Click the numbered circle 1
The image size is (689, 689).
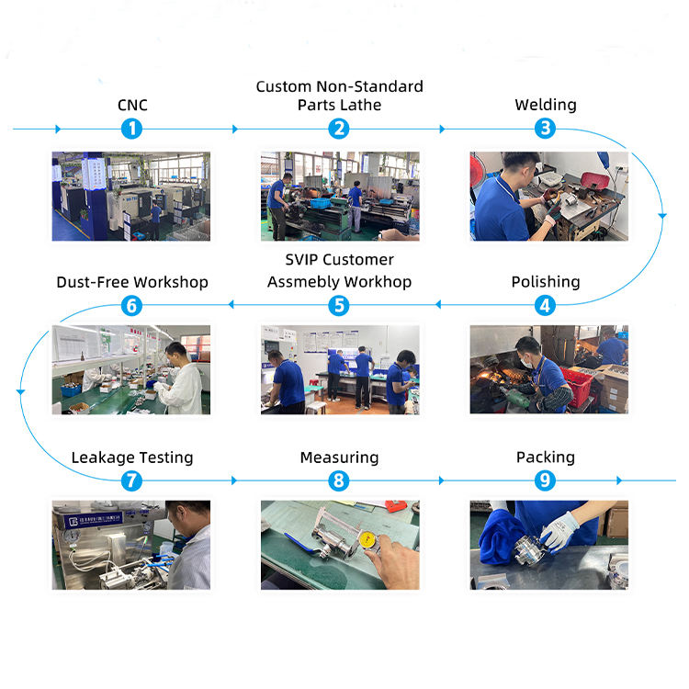[x=132, y=129]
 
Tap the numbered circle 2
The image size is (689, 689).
[x=339, y=129]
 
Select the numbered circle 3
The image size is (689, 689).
[x=546, y=129]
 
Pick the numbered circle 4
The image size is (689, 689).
[x=546, y=305]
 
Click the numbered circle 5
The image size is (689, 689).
[x=339, y=305]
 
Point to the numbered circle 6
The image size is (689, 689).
[x=132, y=305]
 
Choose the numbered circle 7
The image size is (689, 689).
[x=132, y=480]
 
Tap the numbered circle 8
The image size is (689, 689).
[x=339, y=480]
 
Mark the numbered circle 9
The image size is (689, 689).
[x=546, y=480]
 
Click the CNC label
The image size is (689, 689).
[x=132, y=105]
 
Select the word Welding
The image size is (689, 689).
[x=546, y=105]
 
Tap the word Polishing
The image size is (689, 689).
[x=546, y=281]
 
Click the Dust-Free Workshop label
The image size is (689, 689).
[x=132, y=281]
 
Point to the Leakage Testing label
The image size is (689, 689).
[x=132, y=457]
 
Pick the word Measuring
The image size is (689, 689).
[x=339, y=457]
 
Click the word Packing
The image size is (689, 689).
[x=546, y=457]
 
